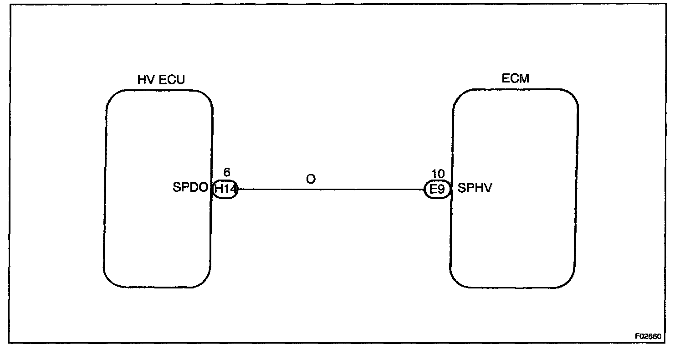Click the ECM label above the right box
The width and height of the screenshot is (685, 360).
[515, 78]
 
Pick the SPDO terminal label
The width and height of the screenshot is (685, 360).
[190, 188]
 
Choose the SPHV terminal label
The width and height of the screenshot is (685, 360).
[475, 188]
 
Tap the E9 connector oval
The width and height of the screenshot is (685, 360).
[437, 189]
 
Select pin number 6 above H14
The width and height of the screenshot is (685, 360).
[227, 172]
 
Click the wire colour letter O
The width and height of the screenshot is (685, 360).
[311, 179]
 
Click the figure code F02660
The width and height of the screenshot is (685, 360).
[648, 336]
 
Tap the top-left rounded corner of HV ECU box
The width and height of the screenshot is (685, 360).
[112, 97]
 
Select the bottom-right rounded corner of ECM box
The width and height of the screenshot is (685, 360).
[569, 281]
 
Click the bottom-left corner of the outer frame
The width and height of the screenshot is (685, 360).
[9, 342]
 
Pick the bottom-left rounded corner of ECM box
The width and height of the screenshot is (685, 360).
[457, 281]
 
